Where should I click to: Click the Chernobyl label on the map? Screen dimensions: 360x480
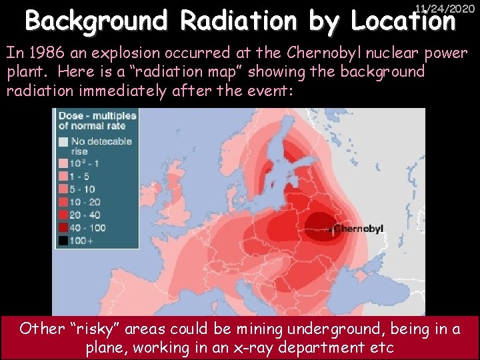[359, 229]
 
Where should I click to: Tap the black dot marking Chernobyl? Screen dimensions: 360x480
[331, 230]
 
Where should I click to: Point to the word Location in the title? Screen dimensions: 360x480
[404, 22]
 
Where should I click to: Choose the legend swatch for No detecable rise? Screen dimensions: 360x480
[63, 141]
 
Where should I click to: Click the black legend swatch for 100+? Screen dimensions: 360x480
[63, 241]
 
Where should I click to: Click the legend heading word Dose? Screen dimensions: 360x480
[69, 116]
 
